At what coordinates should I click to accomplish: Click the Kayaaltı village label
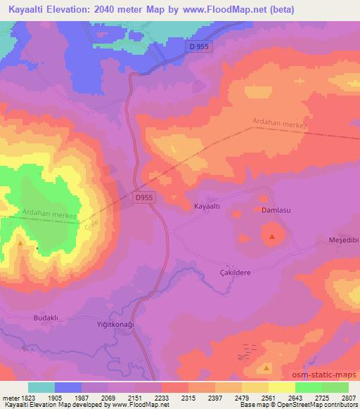coord(207,207)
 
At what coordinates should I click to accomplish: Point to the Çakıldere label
coord(234,272)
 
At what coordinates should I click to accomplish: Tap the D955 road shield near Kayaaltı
coord(143,198)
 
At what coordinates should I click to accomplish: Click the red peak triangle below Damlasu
coord(272,236)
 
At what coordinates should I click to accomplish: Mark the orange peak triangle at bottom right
coord(266,367)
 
